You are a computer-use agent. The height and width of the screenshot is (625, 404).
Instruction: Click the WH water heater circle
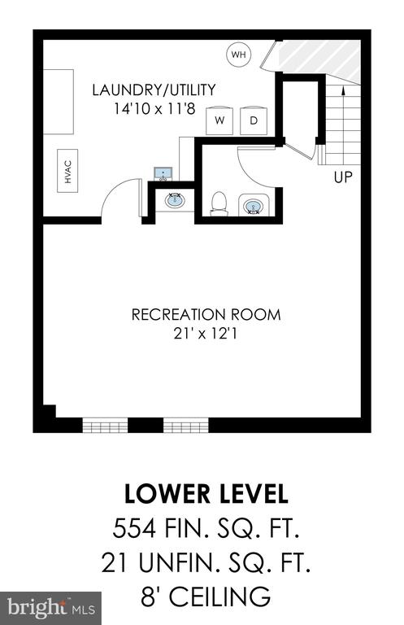point(239,55)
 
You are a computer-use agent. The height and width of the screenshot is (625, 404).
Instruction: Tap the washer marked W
point(219,120)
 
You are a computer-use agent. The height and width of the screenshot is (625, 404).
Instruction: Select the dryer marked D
point(254,120)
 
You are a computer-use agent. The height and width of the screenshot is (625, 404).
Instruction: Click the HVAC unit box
point(67,171)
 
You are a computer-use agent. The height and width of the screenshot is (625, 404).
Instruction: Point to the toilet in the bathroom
point(219,203)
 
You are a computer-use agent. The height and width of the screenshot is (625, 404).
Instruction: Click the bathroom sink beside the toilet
point(253,206)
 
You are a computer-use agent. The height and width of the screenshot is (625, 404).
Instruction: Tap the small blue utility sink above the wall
point(163,174)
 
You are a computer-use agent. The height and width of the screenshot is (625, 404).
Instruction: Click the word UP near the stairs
point(343,177)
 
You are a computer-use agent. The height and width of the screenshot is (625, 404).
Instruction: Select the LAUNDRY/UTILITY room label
point(154,90)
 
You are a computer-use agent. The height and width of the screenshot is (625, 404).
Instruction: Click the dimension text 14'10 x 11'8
point(154,108)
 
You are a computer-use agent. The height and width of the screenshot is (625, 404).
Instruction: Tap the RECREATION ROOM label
point(206,314)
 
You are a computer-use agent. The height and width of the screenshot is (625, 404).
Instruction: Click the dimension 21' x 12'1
point(206,333)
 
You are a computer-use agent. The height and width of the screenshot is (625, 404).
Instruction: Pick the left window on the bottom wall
point(105,425)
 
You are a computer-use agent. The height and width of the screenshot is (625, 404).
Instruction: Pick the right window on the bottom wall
point(186,425)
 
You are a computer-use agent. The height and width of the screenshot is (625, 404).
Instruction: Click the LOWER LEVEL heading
point(206,493)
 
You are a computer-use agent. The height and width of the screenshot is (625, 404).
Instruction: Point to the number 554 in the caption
point(134,529)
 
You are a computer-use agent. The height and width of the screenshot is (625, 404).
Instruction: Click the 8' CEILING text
point(206,596)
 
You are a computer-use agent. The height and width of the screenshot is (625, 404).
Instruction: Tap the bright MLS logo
point(51,608)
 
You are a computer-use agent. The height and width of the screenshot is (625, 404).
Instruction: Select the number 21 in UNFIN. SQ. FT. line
point(116,562)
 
